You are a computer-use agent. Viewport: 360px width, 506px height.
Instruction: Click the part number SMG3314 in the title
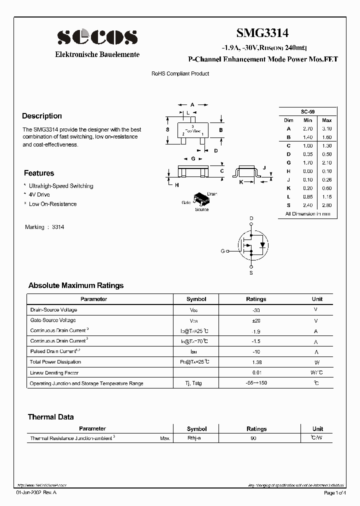pos(262,33)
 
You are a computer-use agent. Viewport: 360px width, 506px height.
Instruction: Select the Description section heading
pos(42,116)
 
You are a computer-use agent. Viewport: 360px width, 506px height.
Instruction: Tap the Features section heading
pos(39,173)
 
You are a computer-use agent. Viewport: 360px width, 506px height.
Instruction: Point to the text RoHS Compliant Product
pos(180,73)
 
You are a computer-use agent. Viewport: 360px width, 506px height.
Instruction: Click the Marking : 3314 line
pos(44,227)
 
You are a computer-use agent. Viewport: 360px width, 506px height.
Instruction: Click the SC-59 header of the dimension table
pos(307,111)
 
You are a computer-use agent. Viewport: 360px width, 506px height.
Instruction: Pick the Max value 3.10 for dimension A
pos(326,128)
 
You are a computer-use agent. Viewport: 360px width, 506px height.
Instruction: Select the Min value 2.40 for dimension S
pos(307,205)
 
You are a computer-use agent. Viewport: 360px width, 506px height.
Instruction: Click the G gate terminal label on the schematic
pos(222,251)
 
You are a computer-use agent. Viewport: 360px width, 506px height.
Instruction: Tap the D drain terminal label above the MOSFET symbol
pos(251,218)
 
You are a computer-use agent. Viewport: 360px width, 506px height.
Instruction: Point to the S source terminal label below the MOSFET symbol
pos(251,273)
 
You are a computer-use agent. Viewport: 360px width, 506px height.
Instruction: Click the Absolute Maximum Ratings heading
pos(76,285)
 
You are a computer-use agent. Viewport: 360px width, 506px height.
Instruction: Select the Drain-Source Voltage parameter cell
pos(54,310)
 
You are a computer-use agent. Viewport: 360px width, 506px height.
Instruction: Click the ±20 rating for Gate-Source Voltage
pos(256,320)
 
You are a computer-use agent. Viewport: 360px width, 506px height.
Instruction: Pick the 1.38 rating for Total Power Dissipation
pos(256,361)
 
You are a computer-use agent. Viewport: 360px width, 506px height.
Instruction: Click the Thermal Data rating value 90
pos(253,438)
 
